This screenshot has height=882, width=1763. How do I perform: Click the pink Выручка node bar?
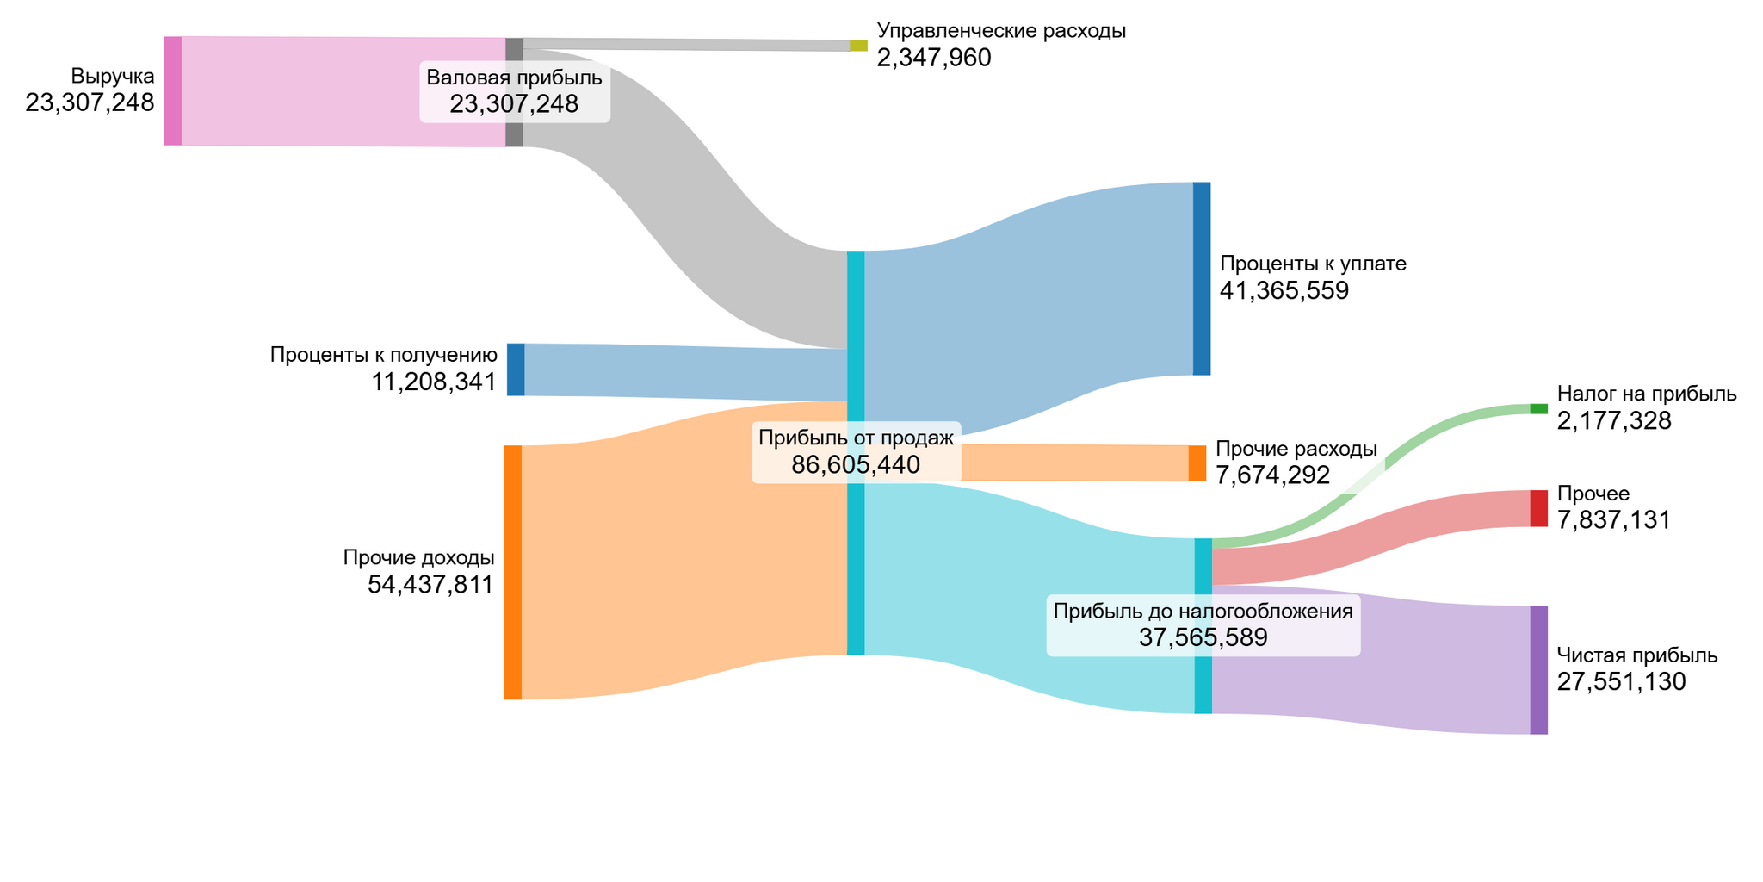(x=173, y=90)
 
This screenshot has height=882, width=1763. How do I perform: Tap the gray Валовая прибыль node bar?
(x=514, y=52)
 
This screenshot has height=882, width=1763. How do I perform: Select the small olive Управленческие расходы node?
(x=858, y=46)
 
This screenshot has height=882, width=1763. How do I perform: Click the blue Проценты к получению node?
(x=516, y=370)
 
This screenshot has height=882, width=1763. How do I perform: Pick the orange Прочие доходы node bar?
(x=513, y=572)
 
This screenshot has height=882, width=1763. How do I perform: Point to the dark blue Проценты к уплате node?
(x=1202, y=278)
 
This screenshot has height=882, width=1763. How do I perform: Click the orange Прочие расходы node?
(x=1197, y=463)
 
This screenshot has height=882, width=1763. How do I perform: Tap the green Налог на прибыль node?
(x=1538, y=409)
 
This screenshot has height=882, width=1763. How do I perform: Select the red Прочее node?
(x=1538, y=508)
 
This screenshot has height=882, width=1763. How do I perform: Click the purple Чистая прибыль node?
(x=1538, y=670)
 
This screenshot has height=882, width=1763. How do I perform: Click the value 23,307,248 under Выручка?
(x=90, y=103)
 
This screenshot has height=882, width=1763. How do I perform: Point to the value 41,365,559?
(x=1284, y=291)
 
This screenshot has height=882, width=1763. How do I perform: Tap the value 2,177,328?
(x=1614, y=421)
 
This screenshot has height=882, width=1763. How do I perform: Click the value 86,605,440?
(x=856, y=465)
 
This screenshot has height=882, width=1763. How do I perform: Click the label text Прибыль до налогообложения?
(x=1203, y=612)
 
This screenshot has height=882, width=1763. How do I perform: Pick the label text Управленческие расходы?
(x=1001, y=31)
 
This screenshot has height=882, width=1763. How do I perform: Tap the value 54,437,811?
(x=430, y=585)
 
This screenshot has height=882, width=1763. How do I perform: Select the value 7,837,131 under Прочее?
(x=1614, y=520)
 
